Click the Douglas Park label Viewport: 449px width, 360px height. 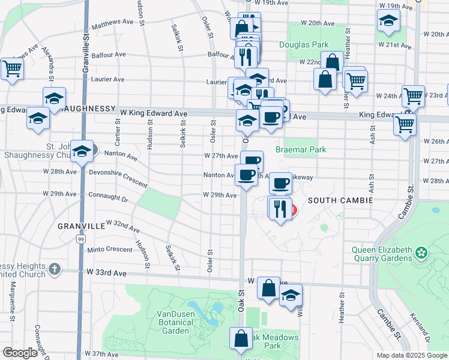[x=304, y=44]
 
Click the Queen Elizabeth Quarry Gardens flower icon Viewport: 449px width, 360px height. [x=421, y=253]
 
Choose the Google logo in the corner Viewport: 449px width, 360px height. [x=20, y=353]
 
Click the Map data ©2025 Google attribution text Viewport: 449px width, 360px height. [x=411, y=355]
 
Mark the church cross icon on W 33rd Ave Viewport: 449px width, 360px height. [x=55, y=268]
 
